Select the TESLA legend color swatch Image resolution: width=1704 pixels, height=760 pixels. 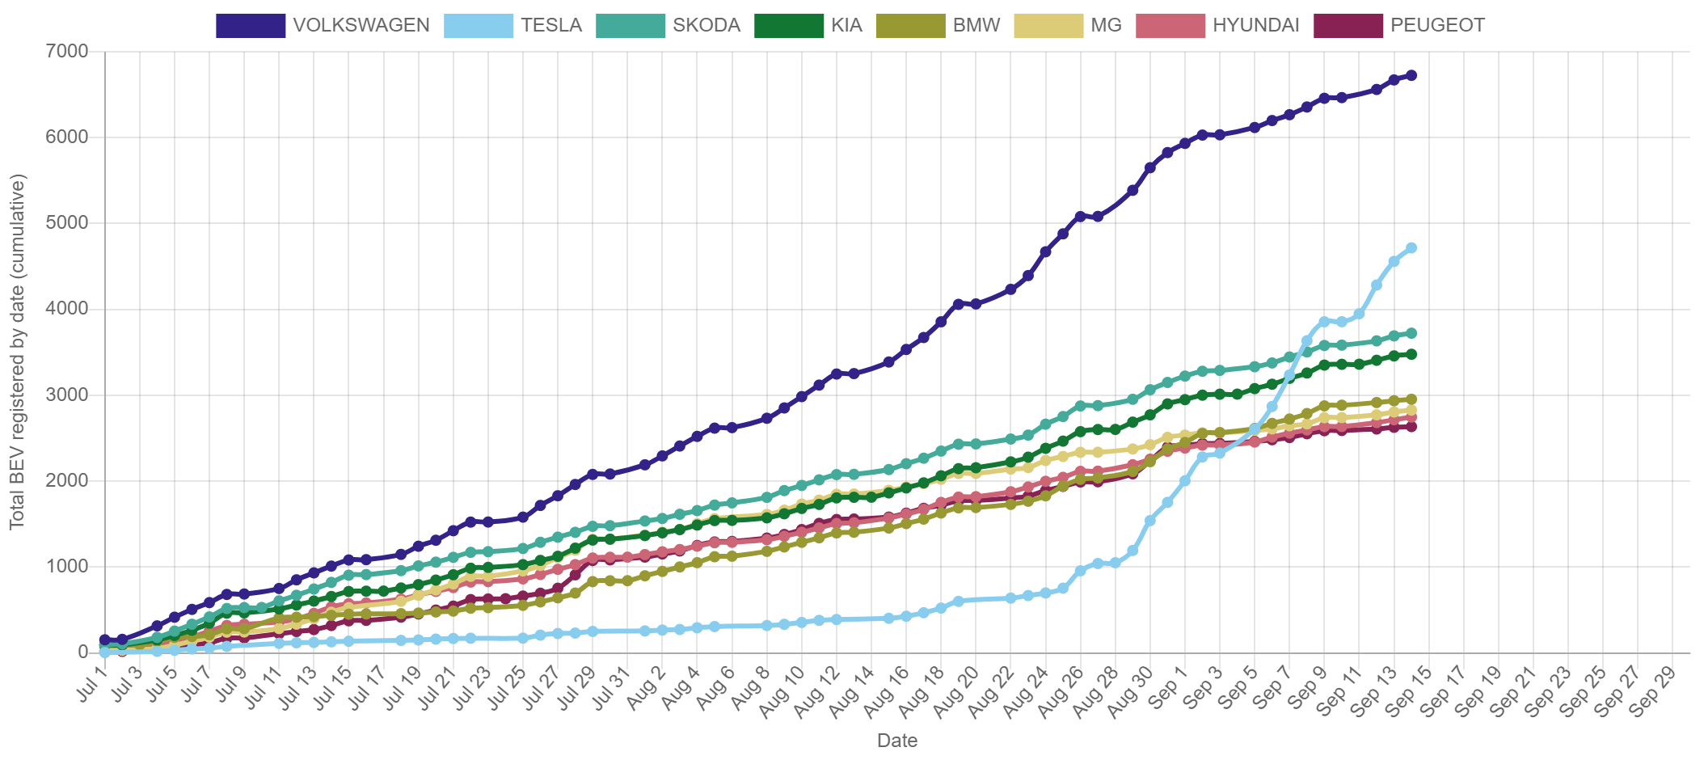479,25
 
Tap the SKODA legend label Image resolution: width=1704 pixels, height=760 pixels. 706,25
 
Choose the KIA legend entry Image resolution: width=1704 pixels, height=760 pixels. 846,25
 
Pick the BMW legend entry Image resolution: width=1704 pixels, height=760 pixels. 976,25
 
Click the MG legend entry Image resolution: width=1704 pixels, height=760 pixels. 1105,25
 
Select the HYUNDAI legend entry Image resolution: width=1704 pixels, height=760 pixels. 1255,25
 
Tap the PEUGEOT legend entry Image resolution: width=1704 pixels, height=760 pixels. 1436,25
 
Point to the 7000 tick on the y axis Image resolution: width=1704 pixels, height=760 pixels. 67,51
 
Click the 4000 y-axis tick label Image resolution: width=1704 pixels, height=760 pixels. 67,308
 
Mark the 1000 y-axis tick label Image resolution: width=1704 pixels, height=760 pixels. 67,566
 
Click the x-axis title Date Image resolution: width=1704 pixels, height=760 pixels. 896,741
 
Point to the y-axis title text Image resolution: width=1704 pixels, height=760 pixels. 17,352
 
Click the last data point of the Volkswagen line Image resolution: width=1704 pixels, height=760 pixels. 1411,75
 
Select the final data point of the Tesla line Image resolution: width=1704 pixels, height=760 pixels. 1411,247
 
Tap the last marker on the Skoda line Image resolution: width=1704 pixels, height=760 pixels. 1411,333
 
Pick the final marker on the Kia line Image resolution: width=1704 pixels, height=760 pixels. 1411,354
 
